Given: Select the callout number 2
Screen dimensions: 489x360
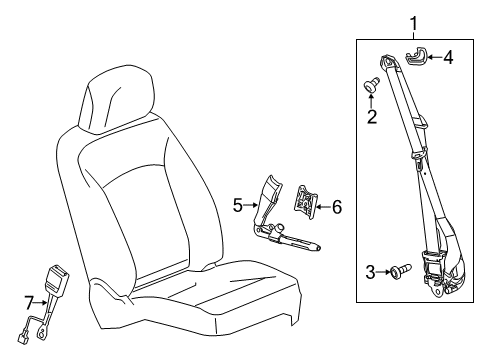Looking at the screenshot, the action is click(x=372, y=117).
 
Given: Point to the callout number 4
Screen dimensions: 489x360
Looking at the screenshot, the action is click(x=448, y=57).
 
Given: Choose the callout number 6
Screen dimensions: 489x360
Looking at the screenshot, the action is click(x=336, y=207).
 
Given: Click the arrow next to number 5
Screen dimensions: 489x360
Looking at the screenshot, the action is click(x=255, y=206).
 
